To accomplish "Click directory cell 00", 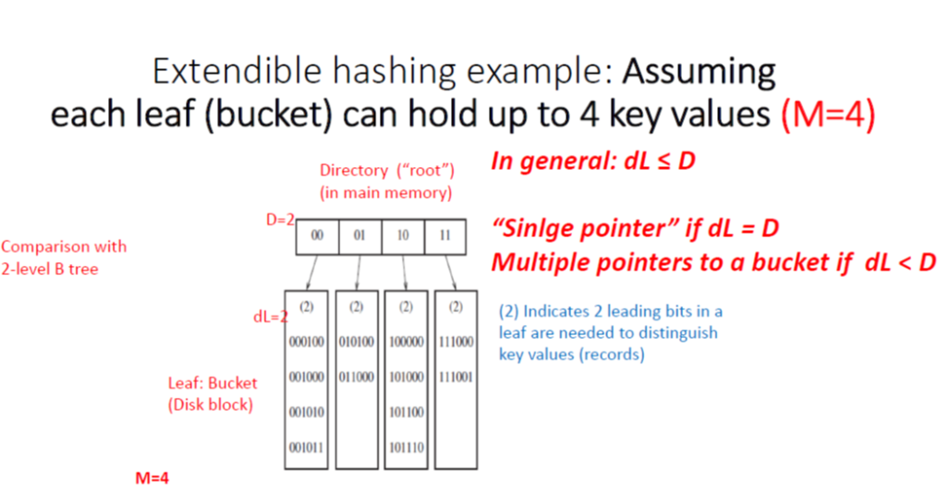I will coord(317,236).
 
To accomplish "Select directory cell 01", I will coord(360,236).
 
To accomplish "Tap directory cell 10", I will coord(403,236).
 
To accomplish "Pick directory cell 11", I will coord(445,236).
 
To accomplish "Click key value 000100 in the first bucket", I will coord(306,342).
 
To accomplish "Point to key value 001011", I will coord(306,449).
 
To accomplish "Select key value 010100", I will coord(356,342).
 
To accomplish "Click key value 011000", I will coord(356,378).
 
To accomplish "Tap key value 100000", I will coord(406,342).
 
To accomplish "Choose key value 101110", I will coord(406,449).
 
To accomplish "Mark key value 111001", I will coord(455,378).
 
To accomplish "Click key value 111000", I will coord(455,342).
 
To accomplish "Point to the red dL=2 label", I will coord(268,316).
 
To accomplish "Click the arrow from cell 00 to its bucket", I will coord(311,271).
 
